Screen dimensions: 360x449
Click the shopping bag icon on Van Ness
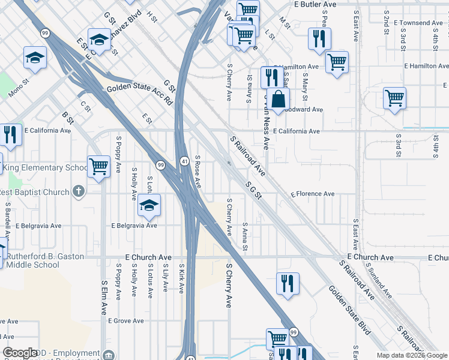tap(279, 100)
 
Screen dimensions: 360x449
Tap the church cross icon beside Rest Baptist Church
tap(77, 192)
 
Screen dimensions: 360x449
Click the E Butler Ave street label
tap(315, 4)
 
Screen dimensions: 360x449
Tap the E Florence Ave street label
tap(312, 194)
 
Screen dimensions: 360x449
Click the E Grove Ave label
tap(126, 321)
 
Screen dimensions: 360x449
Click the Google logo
tap(20, 353)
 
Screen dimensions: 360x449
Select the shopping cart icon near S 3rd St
tap(394, 98)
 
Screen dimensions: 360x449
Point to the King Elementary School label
tap(46, 168)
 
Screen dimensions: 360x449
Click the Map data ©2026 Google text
tap(412, 355)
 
